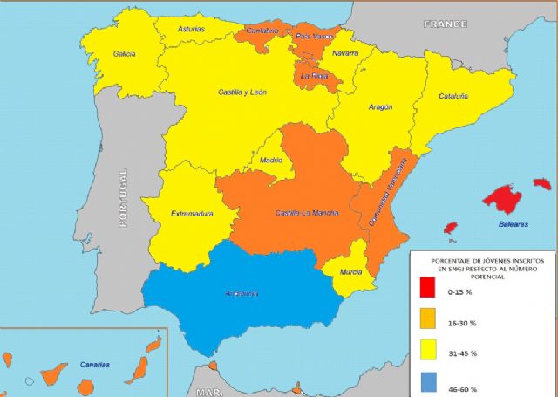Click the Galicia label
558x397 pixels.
[124, 54]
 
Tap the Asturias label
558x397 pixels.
[191, 29]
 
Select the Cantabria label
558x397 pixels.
[262, 31]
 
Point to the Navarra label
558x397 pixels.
[345, 54]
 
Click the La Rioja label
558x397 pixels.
[313, 76]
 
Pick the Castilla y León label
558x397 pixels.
[242, 92]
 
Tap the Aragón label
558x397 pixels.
[380, 107]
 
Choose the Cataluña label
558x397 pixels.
[453, 96]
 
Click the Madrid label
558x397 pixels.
[272, 161]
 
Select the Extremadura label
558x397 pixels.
[192, 213]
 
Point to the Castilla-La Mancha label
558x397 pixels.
[306, 213]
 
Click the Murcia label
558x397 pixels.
[351, 272]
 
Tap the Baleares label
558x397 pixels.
[514, 224]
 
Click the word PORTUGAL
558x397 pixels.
[123, 199]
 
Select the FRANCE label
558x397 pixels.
[445, 24]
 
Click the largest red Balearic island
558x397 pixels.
[502, 198]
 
